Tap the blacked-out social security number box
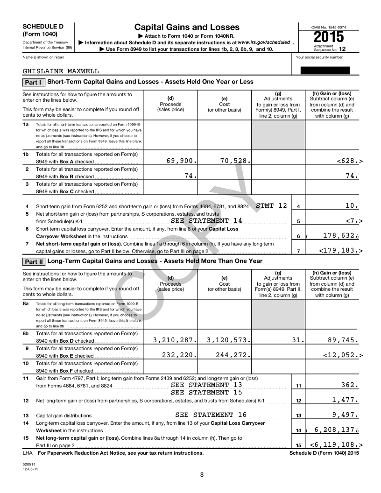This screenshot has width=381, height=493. tap(327, 70)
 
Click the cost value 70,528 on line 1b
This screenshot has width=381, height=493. tap(235, 161)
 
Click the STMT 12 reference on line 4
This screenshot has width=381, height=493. tap(271, 205)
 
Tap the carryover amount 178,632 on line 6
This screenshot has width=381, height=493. tap(338, 236)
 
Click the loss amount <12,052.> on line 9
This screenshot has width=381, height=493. tap(343, 355)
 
